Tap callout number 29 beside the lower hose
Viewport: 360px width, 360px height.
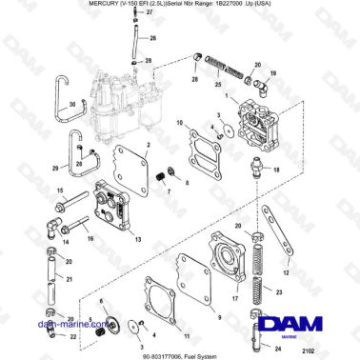point(55,170)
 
